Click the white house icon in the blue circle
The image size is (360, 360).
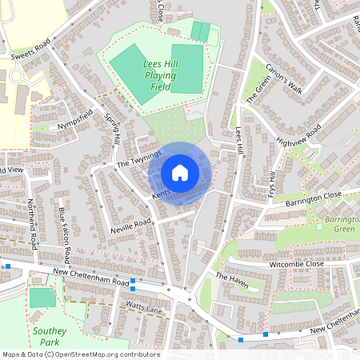coord(180,172)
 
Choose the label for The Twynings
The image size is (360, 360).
coord(139,158)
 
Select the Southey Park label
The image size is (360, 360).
coord(46,335)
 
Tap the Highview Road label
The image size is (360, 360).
coord(298,136)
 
